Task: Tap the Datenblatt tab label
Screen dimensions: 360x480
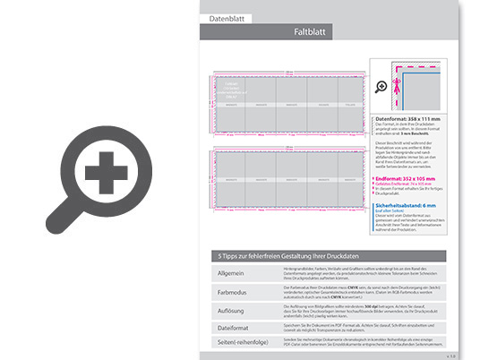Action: (226, 18)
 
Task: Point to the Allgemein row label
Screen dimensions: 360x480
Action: (231, 272)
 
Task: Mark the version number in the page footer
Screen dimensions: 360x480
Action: (451, 356)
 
